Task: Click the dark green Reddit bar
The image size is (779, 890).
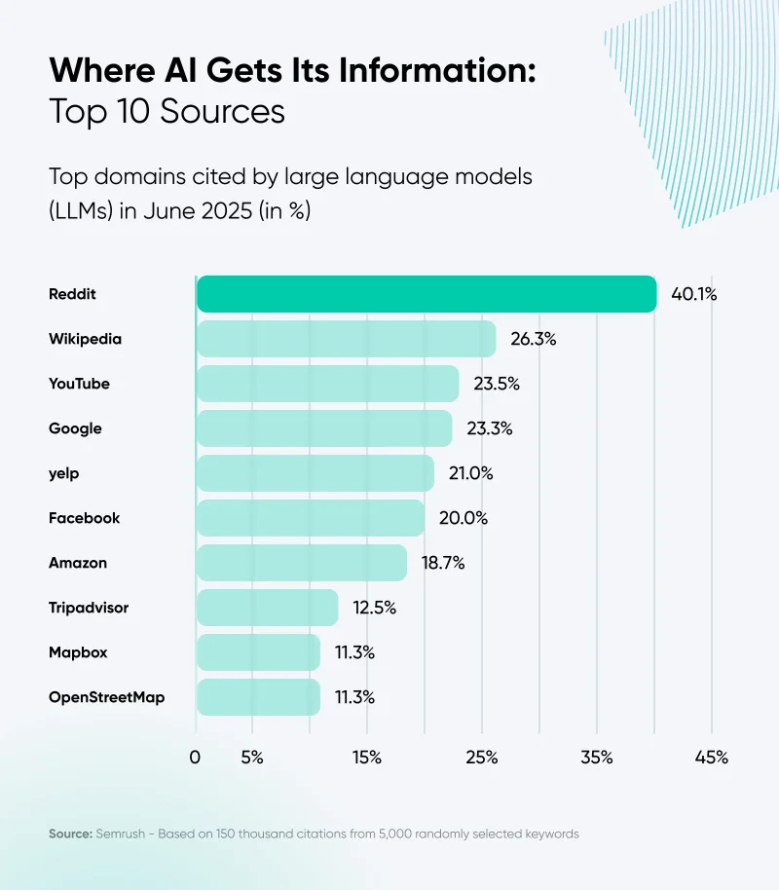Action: (427, 294)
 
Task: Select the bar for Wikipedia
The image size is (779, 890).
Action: (346, 339)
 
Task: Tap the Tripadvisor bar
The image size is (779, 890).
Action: (267, 608)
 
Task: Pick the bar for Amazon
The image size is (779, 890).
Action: (302, 563)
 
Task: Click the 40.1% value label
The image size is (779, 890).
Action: (693, 294)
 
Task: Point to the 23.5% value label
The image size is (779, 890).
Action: (497, 384)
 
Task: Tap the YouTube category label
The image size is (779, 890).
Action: (79, 384)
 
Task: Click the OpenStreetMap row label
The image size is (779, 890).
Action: (106, 697)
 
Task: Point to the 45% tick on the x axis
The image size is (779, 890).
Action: (712, 758)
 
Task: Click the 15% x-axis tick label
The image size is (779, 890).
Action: (367, 758)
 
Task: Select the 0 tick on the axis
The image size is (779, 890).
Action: (196, 758)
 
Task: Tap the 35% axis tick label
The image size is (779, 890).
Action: (597, 758)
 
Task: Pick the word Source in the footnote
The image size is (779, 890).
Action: (69, 834)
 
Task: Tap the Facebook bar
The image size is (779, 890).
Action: (310, 518)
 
